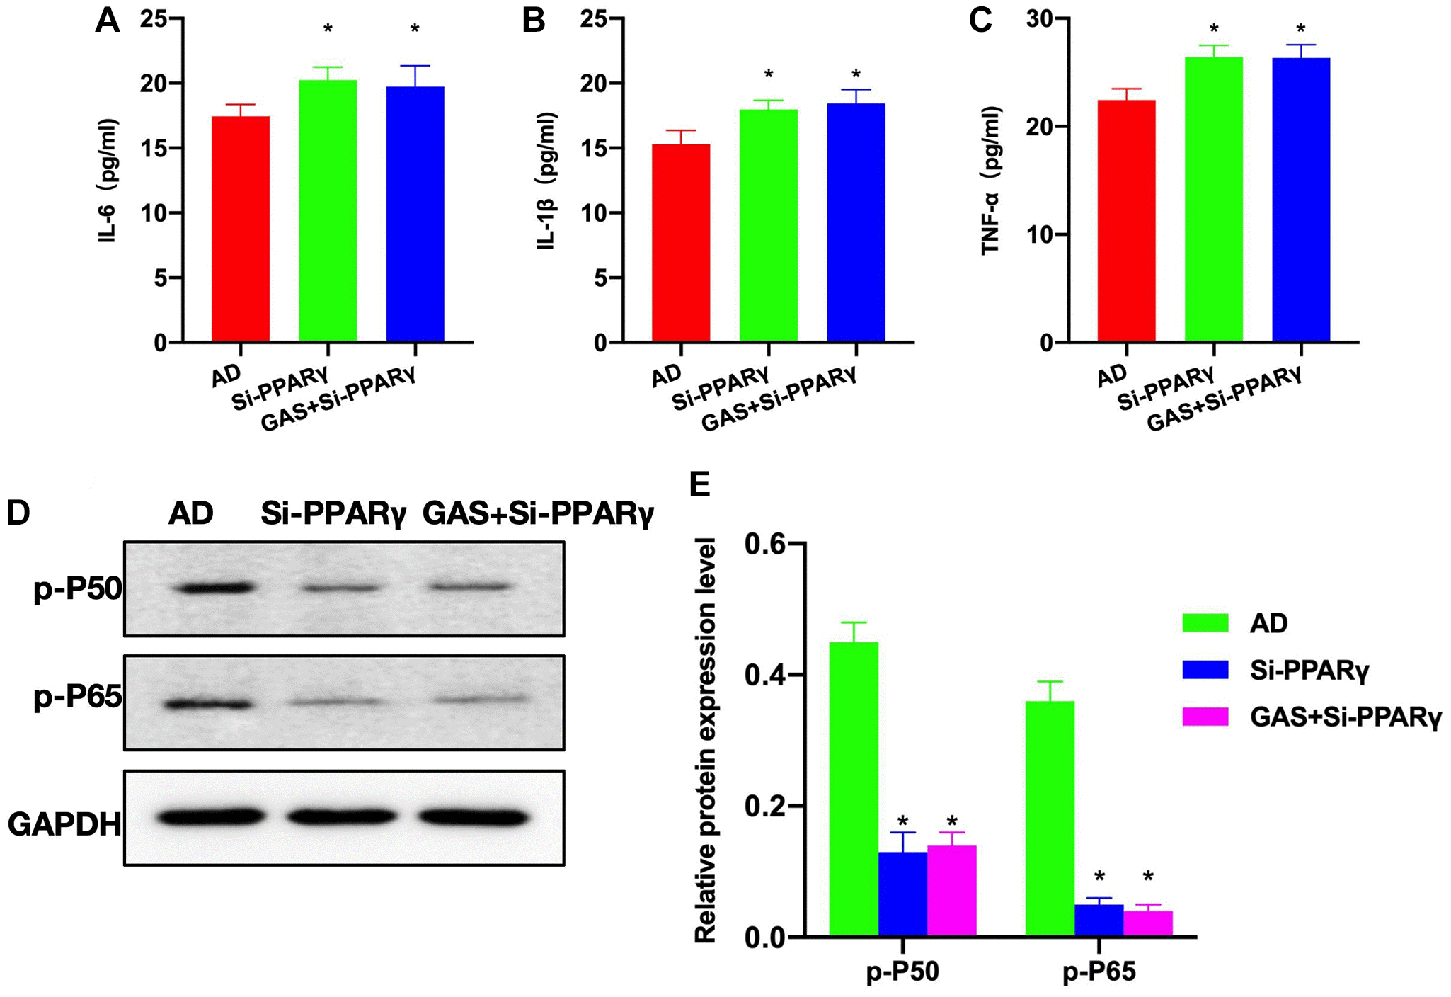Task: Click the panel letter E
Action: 699,485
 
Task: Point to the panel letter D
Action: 18,512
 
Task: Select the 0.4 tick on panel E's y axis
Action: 765,675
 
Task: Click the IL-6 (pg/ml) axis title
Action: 108,181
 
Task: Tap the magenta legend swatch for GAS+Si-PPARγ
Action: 1205,717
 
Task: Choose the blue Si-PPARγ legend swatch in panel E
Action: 1205,670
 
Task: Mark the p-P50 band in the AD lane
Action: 217,588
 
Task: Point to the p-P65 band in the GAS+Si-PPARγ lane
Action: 481,700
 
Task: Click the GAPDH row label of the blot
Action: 64,824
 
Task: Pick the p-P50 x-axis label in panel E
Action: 902,972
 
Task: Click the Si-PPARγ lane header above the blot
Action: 333,513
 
